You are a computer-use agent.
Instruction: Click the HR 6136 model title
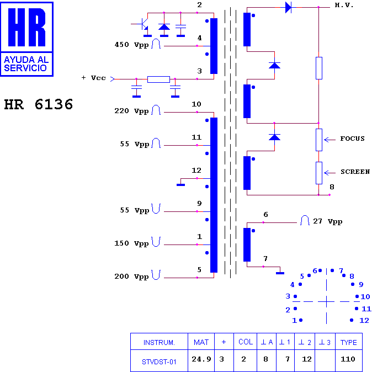tap(39, 104)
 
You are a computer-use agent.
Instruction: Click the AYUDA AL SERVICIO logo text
tap(26, 64)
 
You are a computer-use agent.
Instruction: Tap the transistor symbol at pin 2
tap(143, 24)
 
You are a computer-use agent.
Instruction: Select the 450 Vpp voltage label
tap(131, 45)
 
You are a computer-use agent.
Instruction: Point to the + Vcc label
tap(93, 78)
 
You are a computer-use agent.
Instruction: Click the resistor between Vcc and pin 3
tap(158, 79)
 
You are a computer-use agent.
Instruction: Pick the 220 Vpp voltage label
tap(131, 111)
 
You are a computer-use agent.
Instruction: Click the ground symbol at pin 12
tap(180, 184)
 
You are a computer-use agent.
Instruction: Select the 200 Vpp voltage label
tap(131, 277)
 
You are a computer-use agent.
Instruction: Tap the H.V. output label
tap(344, 5)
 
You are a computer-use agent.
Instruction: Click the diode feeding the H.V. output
tap(288, 7)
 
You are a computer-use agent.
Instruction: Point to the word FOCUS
tap(352, 139)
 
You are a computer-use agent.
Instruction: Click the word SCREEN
tap(355, 172)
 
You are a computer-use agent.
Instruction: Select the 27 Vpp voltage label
tap(328, 221)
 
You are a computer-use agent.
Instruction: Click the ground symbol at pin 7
tap(280, 273)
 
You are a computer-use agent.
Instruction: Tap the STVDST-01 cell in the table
tap(159, 362)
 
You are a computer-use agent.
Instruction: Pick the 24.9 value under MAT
tap(201, 359)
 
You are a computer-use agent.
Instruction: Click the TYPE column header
tap(348, 342)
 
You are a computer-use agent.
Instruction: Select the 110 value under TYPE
tap(348, 359)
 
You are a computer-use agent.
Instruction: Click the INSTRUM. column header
tap(159, 342)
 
